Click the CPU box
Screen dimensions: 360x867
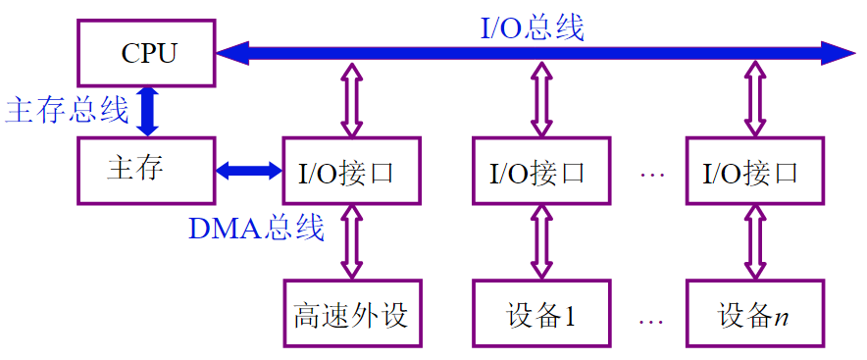click(x=146, y=52)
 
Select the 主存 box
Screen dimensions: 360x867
click(x=146, y=170)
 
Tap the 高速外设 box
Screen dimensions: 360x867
click(x=350, y=315)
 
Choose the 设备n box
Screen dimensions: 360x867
click(x=752, y=315)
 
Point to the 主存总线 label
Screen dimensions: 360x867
click(x=67, y=110)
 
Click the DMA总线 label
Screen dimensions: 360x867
click(x=256, y=229)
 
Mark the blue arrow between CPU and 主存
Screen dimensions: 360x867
click(x=147, y=110)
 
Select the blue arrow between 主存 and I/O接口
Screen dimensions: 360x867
click(x=248, y=171)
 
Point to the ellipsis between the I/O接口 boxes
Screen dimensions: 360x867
click(x=651, y=174)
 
